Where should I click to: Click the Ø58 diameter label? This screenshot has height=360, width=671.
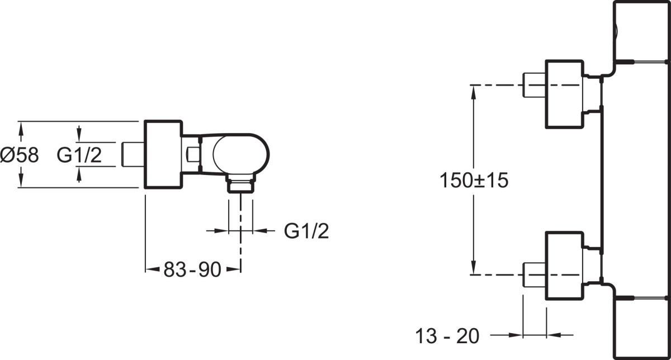[20, 155]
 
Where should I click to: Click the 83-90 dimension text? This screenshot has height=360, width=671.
[192, 269]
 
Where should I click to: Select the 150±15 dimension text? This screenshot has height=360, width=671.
[474, 181]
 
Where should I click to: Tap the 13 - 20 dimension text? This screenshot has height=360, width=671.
[447, 336]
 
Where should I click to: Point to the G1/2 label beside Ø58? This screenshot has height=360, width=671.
[79, 155]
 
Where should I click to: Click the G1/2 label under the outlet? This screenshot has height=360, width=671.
[306, 231]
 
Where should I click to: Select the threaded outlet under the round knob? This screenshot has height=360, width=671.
[241, 183]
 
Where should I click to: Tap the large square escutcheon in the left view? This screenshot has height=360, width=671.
[163, 154]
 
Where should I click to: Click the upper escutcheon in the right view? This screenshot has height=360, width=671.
[564, 94]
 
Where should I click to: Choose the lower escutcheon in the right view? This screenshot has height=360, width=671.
[564, 266]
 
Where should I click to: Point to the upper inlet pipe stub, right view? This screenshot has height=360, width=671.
[534, 85]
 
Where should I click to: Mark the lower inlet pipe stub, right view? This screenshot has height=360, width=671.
[534, 274]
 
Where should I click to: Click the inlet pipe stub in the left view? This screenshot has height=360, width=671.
[133, 154]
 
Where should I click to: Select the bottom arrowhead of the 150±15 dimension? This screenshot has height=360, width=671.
[473, 267]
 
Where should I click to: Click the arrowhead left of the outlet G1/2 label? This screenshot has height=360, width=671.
[221, 231]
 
